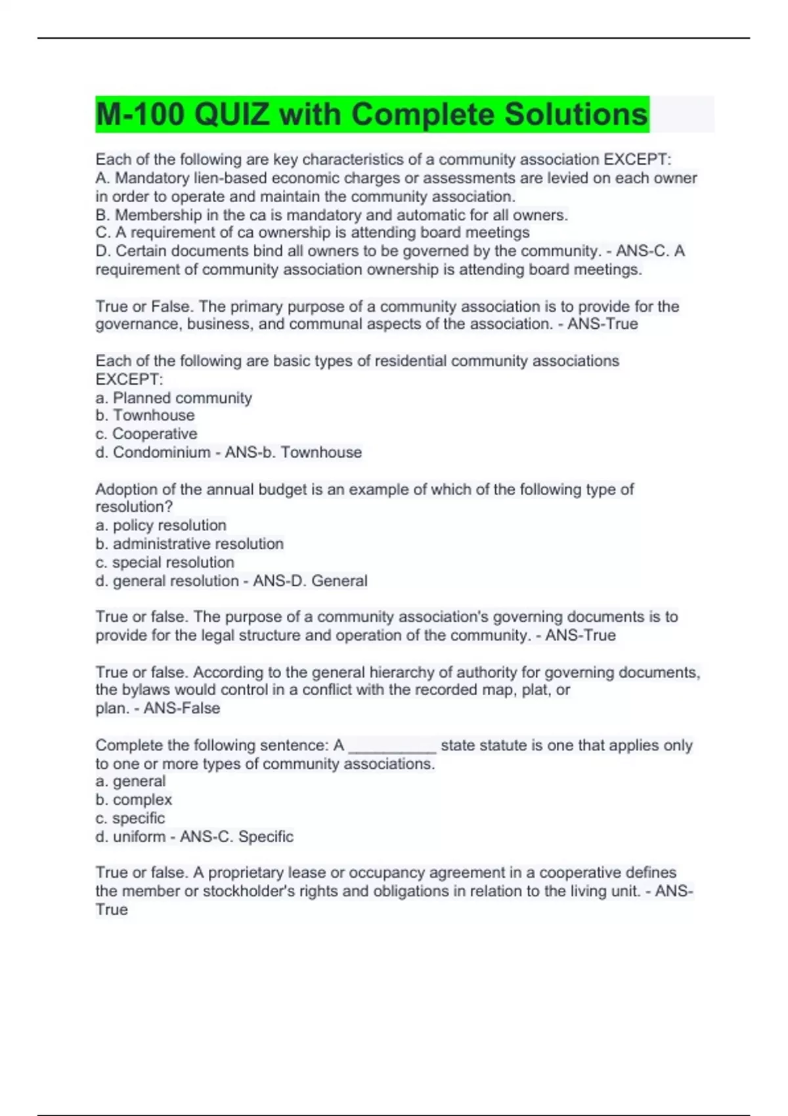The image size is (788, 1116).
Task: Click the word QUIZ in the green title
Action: (232, 115)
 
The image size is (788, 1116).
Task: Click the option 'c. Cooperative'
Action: (146, 434)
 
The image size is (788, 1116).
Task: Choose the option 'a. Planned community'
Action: (173, 398)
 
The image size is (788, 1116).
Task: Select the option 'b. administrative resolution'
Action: (189, 544)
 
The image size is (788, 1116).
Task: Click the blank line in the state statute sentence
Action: (392, 746)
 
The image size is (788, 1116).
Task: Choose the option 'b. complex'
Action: (133, 800)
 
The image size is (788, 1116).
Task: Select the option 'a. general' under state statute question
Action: (130, 781)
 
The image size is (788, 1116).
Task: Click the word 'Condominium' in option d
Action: (162, 452)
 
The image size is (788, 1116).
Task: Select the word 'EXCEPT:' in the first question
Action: (637, 160)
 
